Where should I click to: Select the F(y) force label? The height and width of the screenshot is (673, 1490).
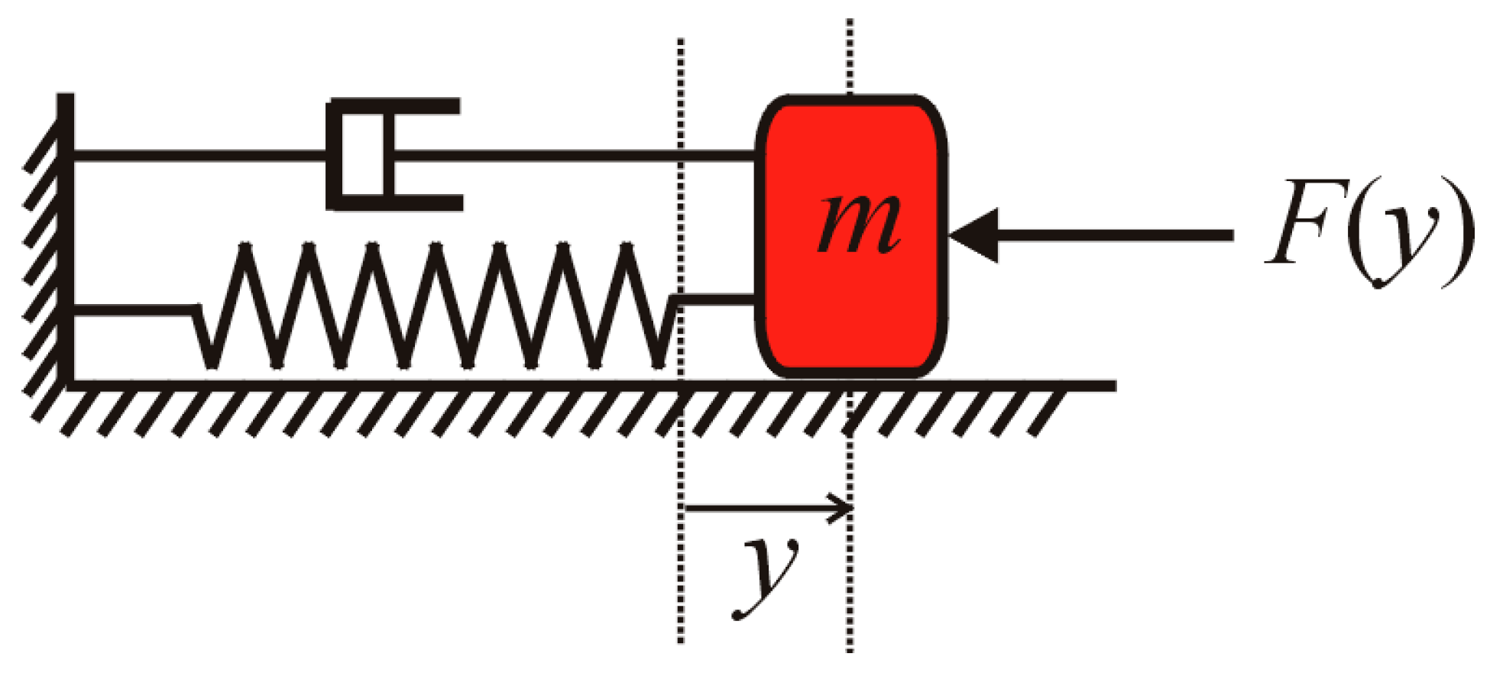pos(1368,233)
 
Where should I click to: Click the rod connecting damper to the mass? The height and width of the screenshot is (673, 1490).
pos(573,156)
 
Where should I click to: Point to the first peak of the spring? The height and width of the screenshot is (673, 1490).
pos(245,248)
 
